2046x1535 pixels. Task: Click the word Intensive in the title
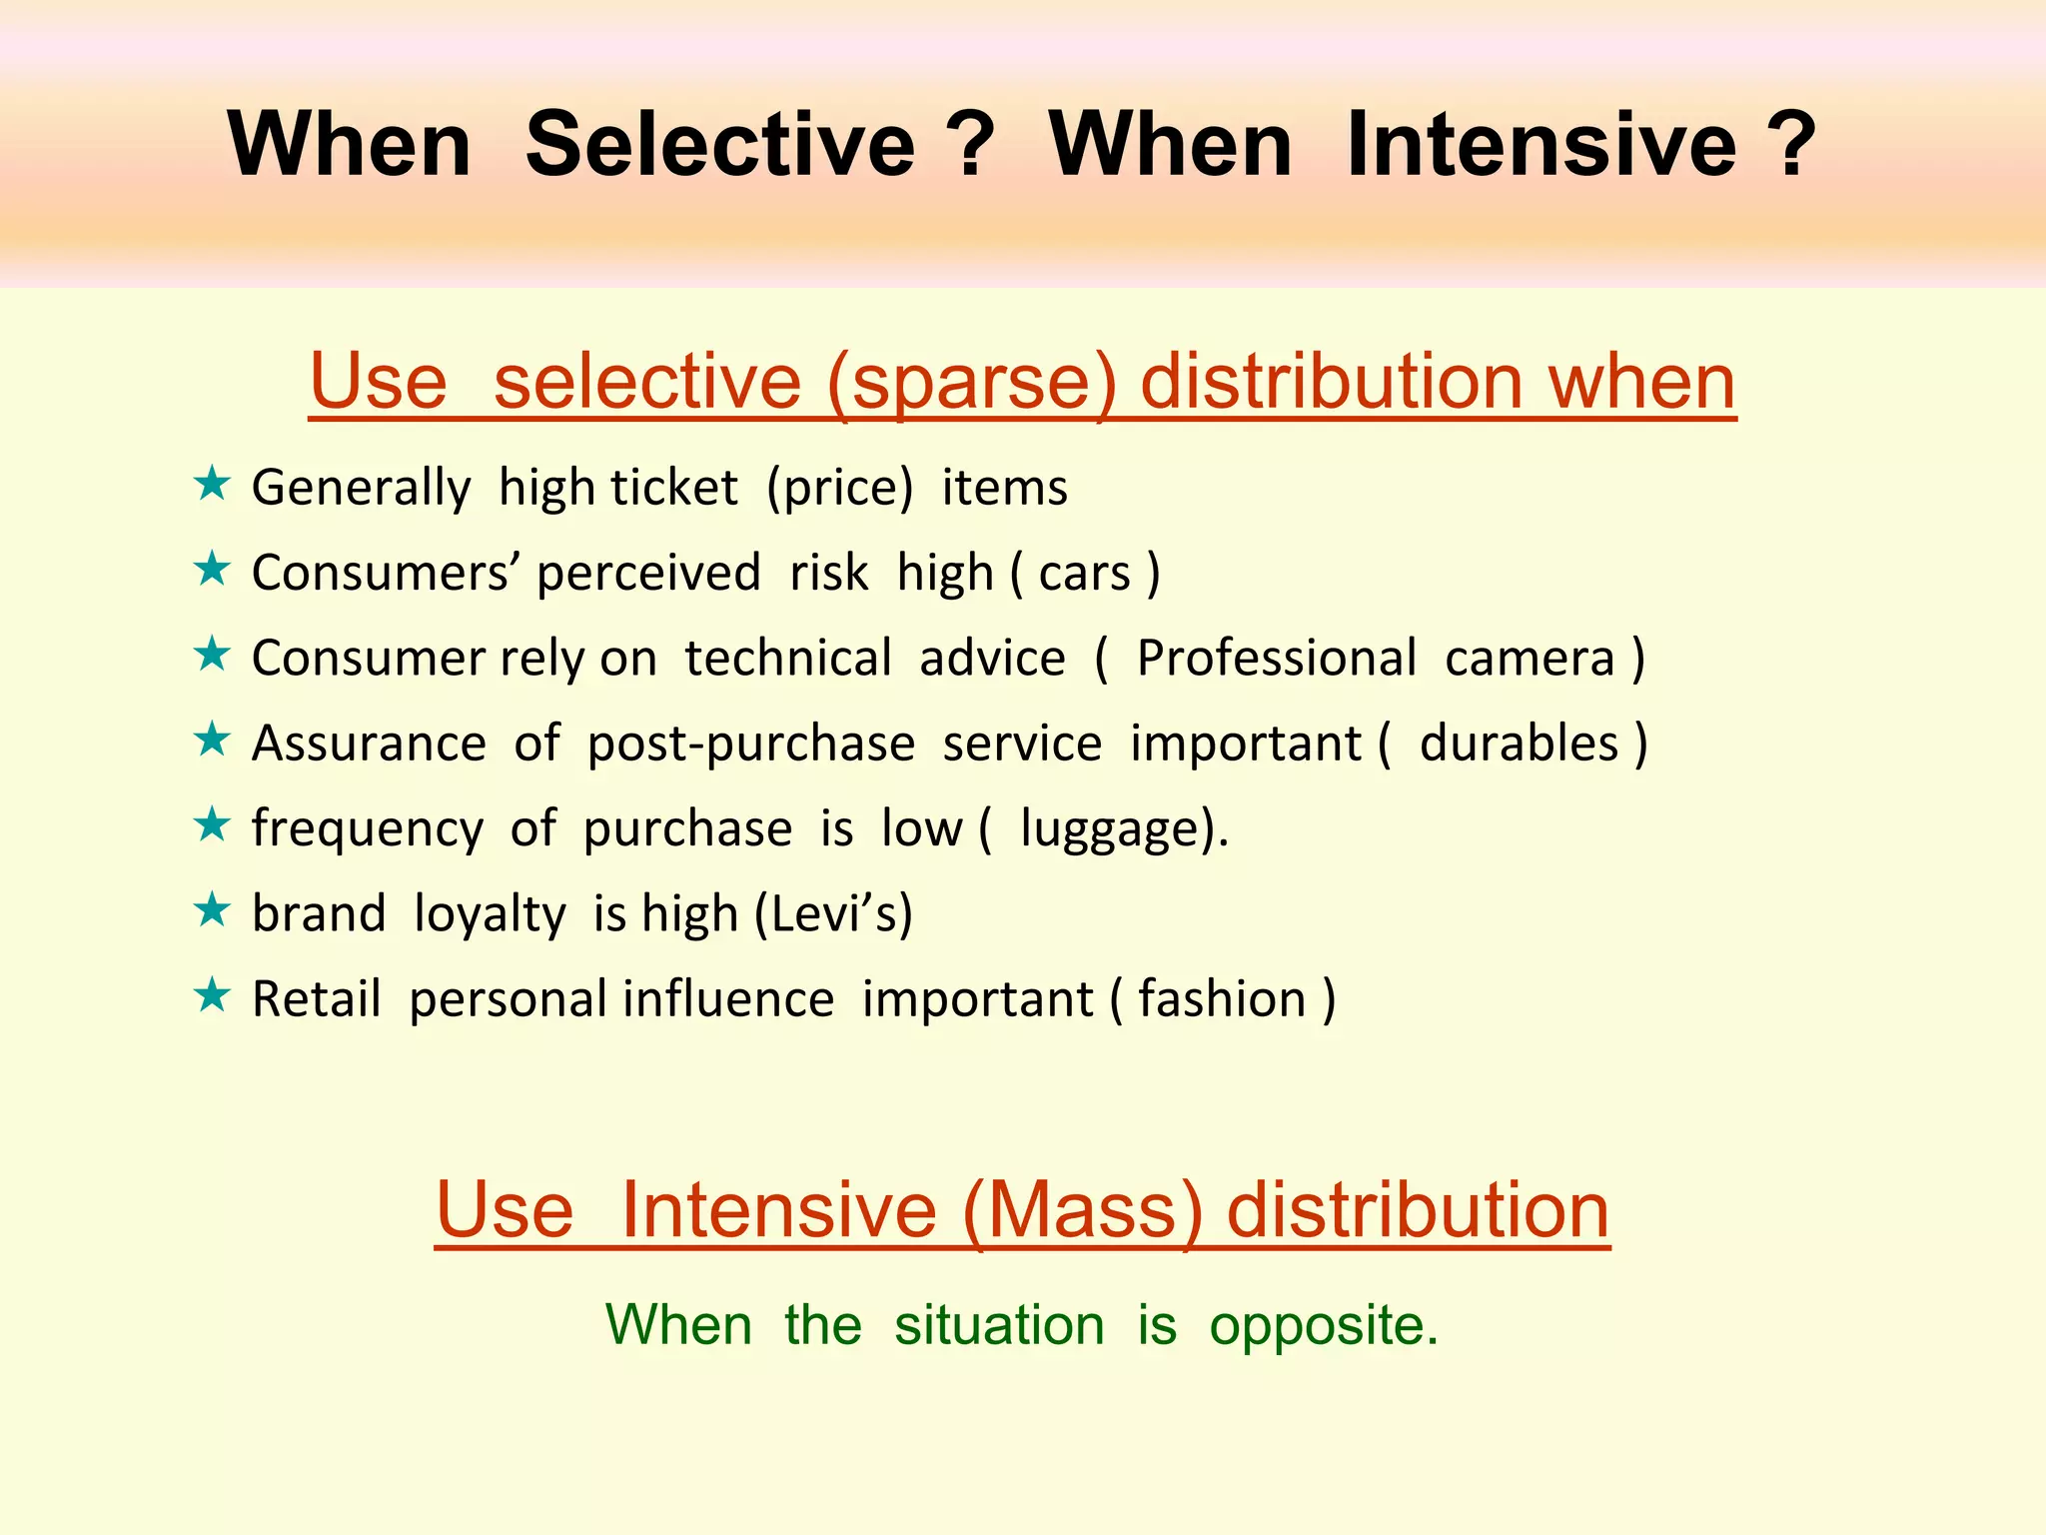1541,145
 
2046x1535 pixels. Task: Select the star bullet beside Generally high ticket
212,485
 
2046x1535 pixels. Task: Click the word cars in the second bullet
1084,574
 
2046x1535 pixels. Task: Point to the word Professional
1276,659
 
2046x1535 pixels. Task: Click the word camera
1529,659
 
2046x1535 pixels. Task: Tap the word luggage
1109,829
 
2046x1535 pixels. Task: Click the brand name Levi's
833,913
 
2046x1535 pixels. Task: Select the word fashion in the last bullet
1221,999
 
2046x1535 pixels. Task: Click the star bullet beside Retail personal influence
212,996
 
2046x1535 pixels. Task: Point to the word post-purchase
750,745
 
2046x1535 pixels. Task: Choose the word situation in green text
999,1326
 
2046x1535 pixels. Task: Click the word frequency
367,829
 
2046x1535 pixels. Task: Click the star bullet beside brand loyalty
212,911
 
